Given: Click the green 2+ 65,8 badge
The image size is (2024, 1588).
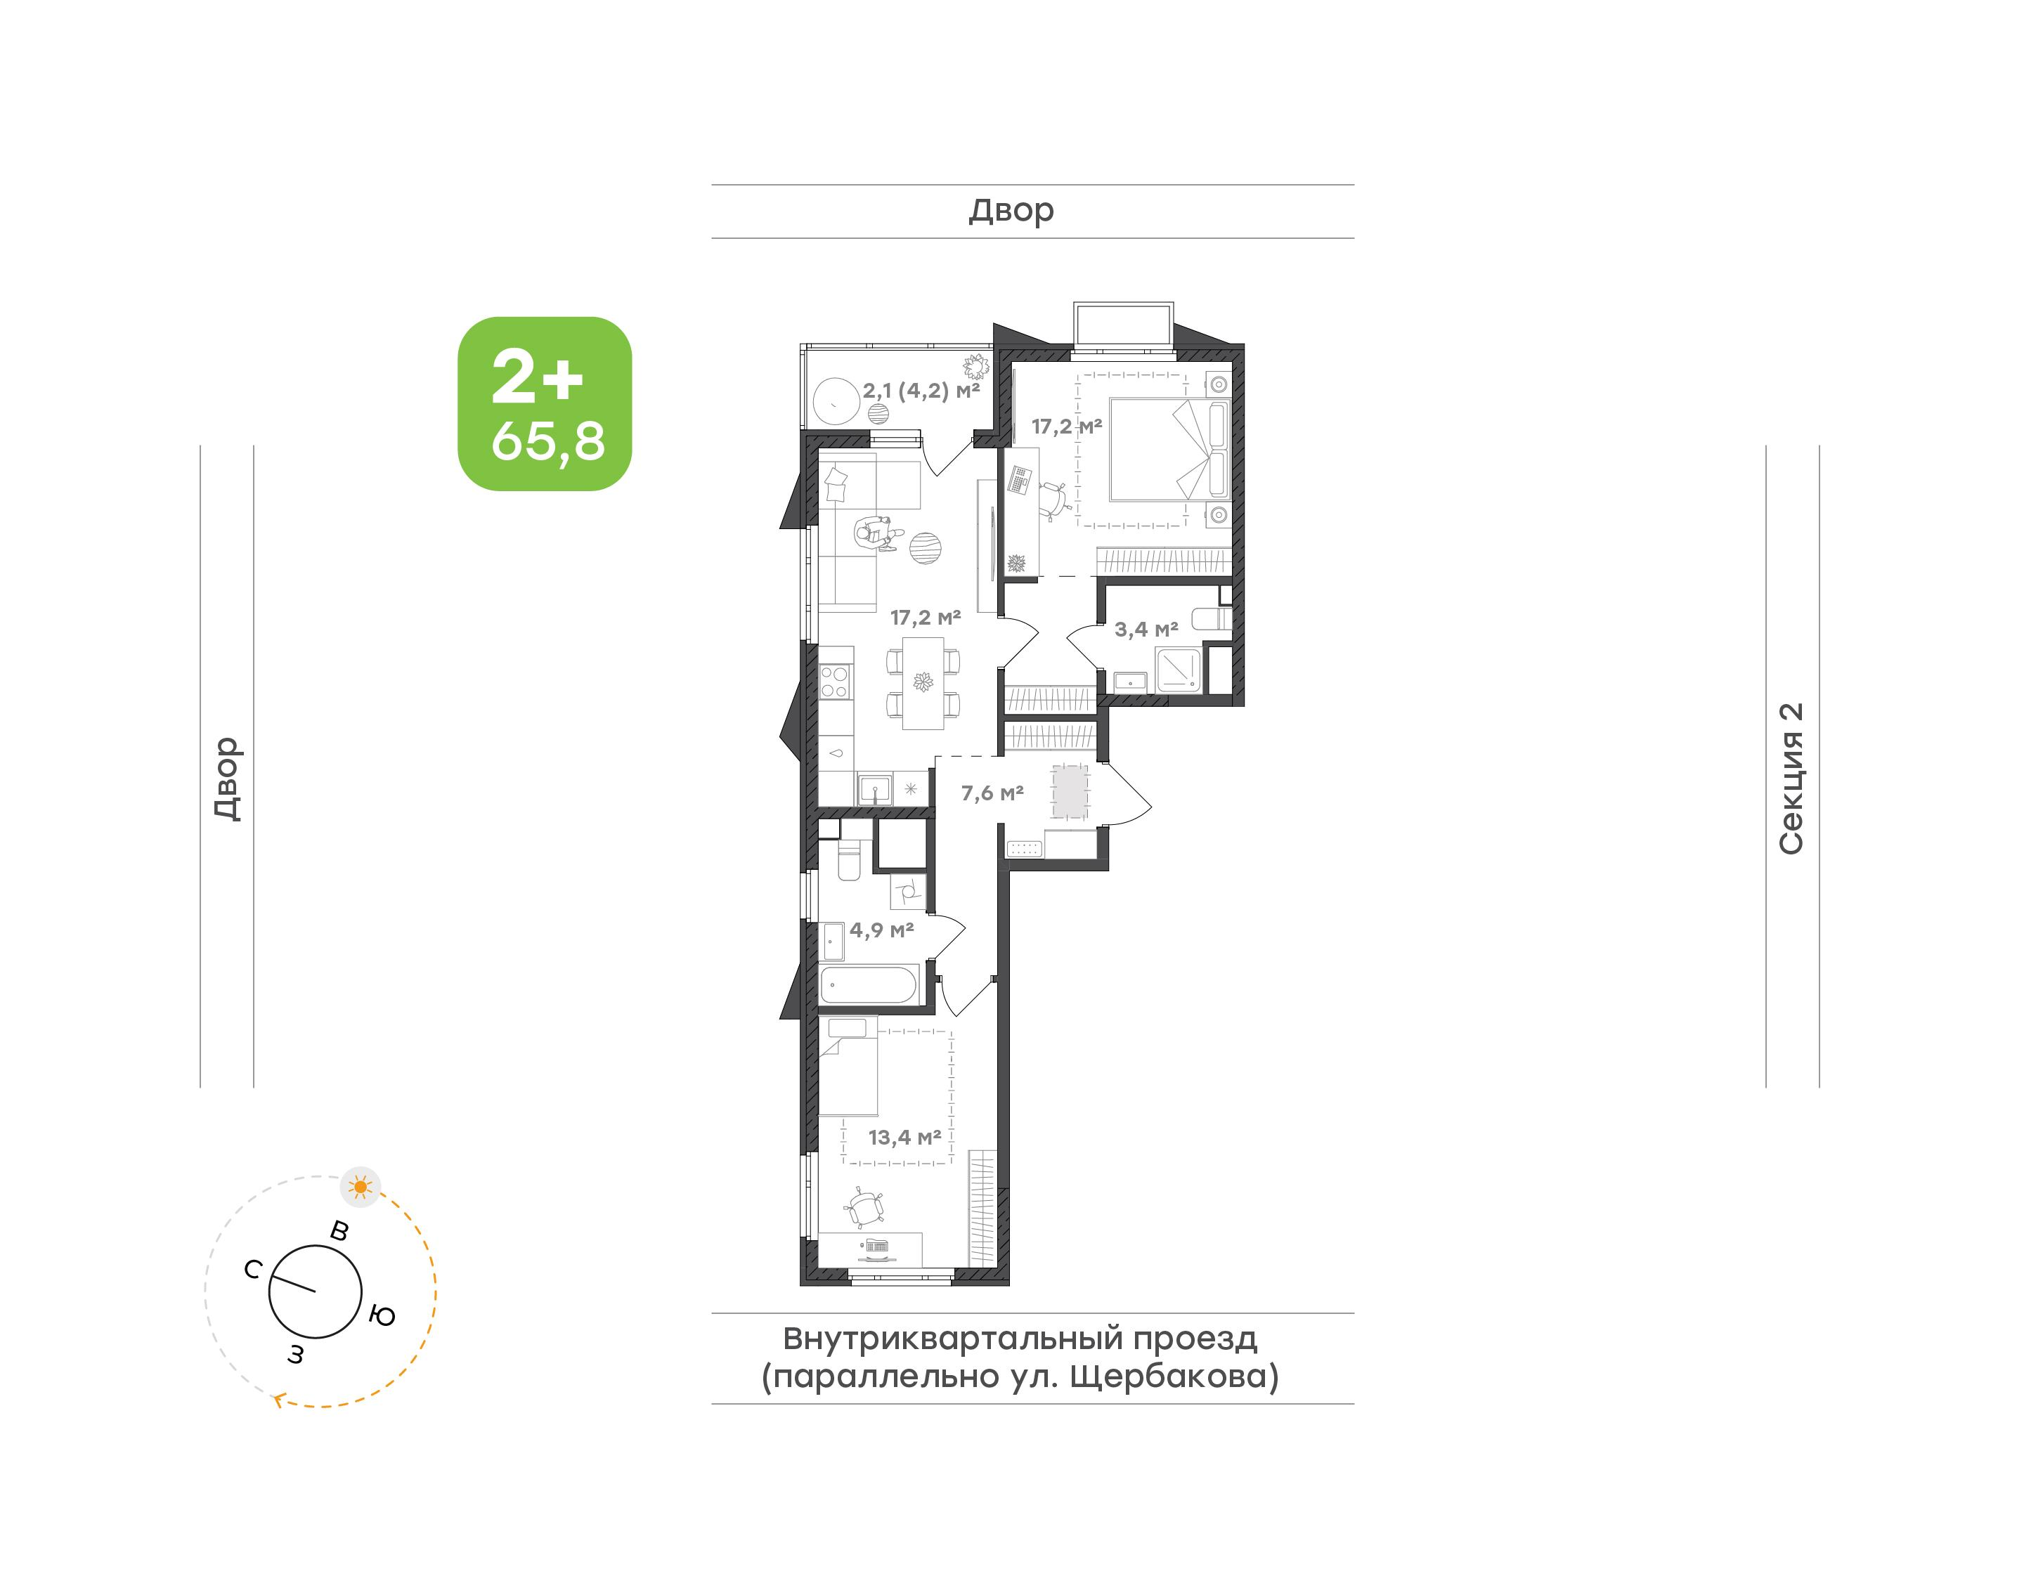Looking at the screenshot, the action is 545,403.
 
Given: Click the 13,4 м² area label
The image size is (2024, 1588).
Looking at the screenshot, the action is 904,1137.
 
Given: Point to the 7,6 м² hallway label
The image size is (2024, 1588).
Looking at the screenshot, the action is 992,793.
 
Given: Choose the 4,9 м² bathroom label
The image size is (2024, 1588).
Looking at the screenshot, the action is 881,930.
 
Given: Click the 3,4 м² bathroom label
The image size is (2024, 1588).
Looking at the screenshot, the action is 1146,630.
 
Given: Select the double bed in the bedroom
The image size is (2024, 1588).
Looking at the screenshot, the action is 1169,450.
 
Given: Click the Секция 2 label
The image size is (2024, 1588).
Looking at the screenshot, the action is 1791,779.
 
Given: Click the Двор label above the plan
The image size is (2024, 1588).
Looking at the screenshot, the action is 1011,211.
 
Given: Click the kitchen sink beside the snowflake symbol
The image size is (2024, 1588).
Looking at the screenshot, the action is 874,790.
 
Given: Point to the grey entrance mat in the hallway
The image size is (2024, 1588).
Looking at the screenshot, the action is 1070,792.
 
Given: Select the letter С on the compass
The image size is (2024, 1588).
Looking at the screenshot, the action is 253,1269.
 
